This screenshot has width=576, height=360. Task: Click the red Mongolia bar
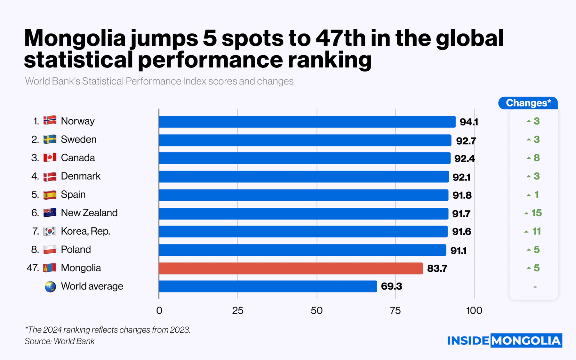pyautogui.click(x=291, y=268)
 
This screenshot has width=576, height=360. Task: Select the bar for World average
pyautogui.click(x=268, y=286)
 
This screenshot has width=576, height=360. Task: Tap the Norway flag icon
pyautogui.click(x=50, y=120)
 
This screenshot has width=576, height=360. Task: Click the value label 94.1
pyautogui.click(x=468, y=122)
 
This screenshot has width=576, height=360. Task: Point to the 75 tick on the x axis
pyautogui.click(x=396, y=310)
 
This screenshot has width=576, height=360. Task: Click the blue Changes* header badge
pyautogui.click(x=528, y=103)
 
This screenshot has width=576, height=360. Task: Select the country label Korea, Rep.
pyautogui.click(x=85, y=231)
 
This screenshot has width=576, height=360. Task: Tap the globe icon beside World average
pyautogui.click(x=50, y=287)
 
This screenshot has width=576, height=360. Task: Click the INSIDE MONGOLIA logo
pyautogui.click(x=504, y=340)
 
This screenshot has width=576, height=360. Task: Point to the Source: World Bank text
pyautogui.click(x=60, y=341)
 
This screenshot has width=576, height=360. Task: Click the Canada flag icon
pyautogui.click(x=50, y=157)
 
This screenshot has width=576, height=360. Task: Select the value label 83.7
pyautogui.click(x=437, y=268)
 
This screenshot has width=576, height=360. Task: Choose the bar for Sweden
pyautogui.click(x=305, y=140)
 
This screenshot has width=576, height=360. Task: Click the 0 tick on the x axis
pyautogui.click(x=159, y=310)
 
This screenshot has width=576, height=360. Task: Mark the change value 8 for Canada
pyautogui.click(x=537, y=158)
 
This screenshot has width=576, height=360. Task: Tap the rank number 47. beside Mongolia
pyautogui.click(x=33, y=268)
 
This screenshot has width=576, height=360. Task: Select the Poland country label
pyautogui.click(x=76, y=250)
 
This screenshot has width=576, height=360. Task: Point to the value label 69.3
pyautogui.click(x=391, y=286)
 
